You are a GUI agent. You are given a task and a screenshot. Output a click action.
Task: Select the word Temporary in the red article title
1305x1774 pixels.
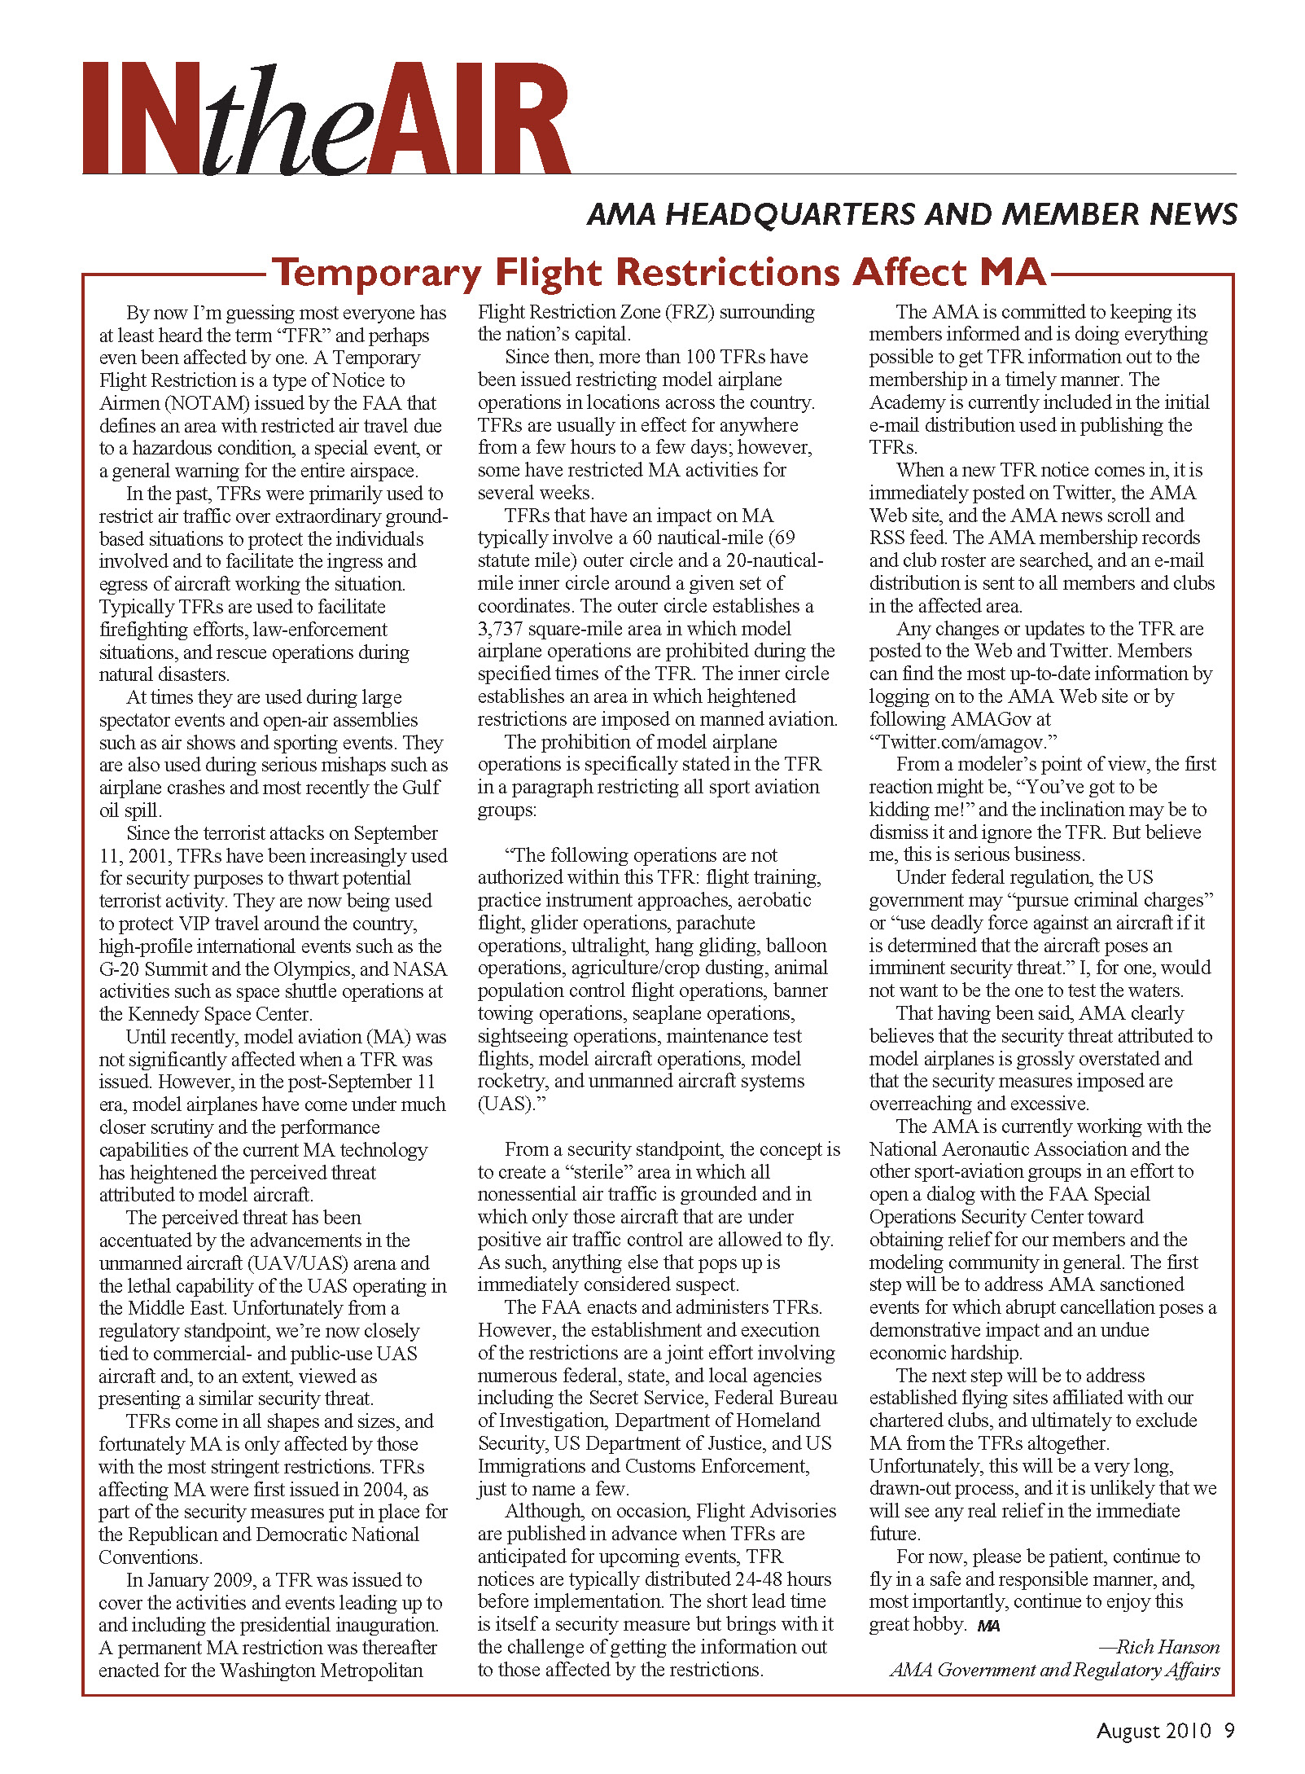377,272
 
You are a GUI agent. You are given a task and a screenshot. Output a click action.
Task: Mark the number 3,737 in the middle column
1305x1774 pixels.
500,629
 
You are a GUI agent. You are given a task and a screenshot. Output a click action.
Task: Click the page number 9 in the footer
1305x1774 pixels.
1229,1731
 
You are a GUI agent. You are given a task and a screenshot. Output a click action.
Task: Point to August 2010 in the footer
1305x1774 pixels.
1154,1731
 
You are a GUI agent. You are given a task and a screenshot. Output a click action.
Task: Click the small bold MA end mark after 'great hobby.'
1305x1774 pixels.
988,1626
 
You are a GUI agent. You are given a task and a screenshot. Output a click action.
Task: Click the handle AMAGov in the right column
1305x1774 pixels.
983,719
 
